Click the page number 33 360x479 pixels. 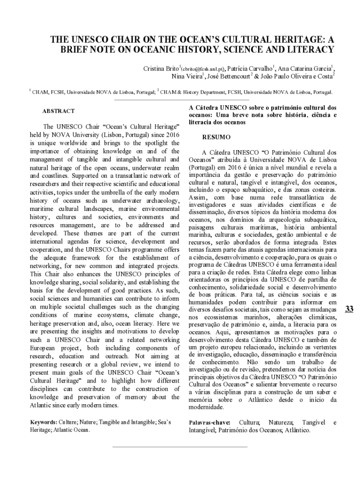point(349,309)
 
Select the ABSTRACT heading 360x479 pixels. point(58,111)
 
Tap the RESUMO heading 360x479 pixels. point(216,138)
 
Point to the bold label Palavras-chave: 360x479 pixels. point(209,422)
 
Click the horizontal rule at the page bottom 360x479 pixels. point(180,446)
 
